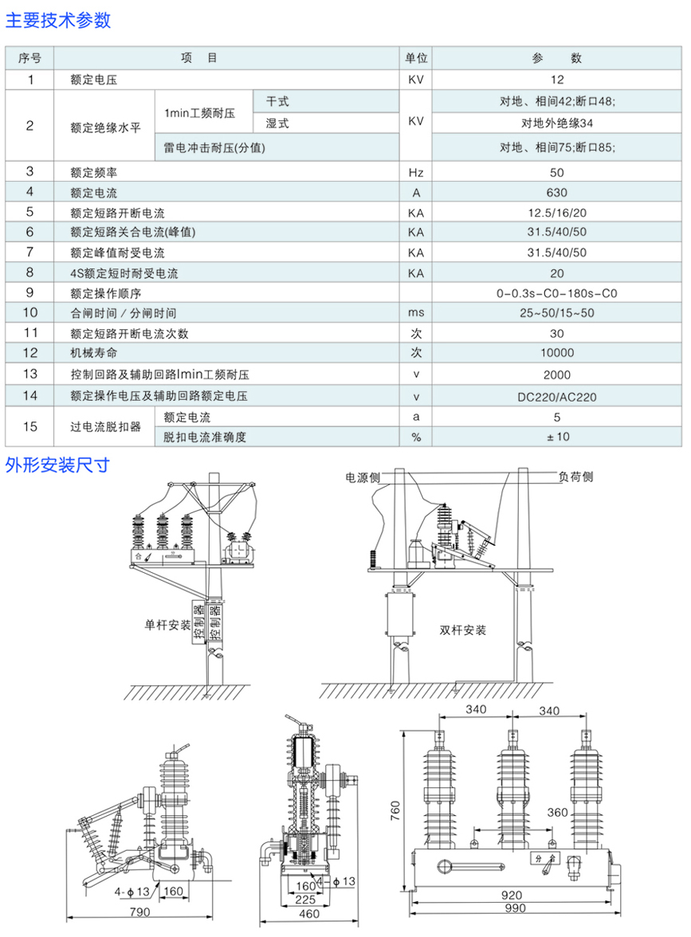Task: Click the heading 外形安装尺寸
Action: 57,465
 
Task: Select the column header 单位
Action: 416,58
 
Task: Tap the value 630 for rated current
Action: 557,192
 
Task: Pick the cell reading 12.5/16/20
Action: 557,212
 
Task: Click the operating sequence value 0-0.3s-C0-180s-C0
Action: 557,293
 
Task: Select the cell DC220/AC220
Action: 557,396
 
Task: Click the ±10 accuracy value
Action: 557,436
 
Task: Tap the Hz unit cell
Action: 416,172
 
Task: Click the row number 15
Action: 30,426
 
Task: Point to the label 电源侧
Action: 363,477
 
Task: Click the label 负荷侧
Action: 575,476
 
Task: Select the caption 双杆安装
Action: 462,629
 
